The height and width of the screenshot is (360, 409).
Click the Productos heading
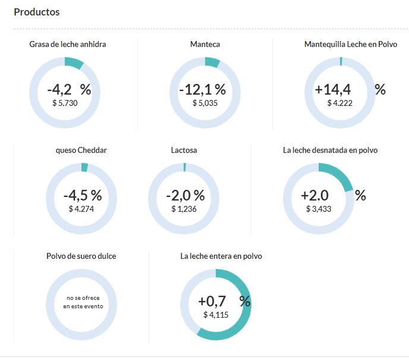coord(36,12)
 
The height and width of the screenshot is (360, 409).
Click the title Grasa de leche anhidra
coord(68,45)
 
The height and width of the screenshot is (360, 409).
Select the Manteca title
coord(205,45)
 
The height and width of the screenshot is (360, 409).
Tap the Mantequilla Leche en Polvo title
coord(351,45)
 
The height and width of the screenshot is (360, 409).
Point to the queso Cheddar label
coord(81,151)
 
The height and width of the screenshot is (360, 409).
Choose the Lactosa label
coord(184,151)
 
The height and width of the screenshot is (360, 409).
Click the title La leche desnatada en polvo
coord(330,151)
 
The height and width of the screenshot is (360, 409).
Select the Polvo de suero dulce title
coord(81,256)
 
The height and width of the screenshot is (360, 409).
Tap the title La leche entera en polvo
coord(221,256)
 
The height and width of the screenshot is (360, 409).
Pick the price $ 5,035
coord(205,103)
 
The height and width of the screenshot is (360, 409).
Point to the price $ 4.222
coord(340,103)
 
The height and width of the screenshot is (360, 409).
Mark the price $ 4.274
coord(81,209)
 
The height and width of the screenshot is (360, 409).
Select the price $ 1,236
coord(184,209)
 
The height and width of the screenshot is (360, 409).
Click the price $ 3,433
coord(319,209)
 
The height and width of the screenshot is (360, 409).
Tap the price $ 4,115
coord(216,315)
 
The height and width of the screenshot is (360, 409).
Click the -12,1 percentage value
coord(202,90)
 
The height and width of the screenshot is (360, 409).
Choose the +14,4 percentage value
coord(333,90)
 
